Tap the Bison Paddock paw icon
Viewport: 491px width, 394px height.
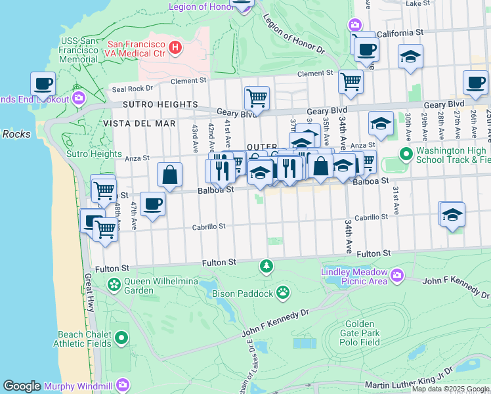(283, 292)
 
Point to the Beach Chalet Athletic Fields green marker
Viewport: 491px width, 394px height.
(121, 338)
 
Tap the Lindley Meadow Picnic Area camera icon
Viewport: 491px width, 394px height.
(396, 276)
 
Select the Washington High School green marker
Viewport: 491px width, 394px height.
(406, 154)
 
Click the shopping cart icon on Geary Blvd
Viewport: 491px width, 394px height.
(257, 98)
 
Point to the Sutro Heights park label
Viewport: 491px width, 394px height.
(94, 154)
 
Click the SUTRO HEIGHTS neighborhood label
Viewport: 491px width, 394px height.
(160, 104)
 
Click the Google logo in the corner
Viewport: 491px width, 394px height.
(22, 385)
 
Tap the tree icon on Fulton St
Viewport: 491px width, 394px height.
(266, 266)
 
